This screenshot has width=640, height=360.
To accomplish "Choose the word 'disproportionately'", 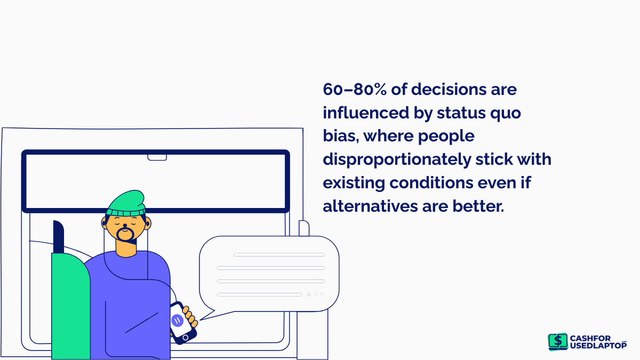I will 395,159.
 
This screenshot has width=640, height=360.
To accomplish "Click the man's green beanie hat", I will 126,203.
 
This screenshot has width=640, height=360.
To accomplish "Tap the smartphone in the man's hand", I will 181,323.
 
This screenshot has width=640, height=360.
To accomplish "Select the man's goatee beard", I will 126,235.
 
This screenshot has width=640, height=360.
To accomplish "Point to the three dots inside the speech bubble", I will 315,294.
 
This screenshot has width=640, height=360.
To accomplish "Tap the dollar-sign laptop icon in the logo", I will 558,341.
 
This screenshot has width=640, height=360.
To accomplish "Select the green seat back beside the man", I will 70,304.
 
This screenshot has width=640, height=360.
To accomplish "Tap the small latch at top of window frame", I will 157,157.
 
